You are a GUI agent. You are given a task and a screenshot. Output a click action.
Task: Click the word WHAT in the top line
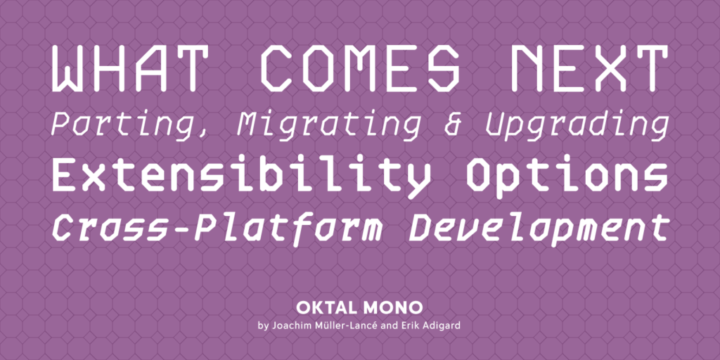click(127, 69)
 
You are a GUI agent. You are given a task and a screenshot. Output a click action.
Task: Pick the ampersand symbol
click(453, 124)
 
